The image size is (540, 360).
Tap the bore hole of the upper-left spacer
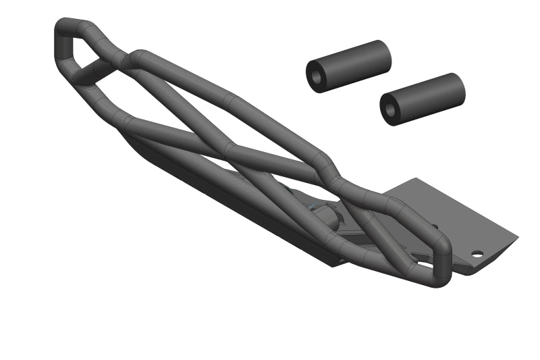(316, 76)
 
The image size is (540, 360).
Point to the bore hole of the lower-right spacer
(389, 109)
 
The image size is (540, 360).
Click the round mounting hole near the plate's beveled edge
(477, 255)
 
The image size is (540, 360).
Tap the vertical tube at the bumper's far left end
(61, 47)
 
